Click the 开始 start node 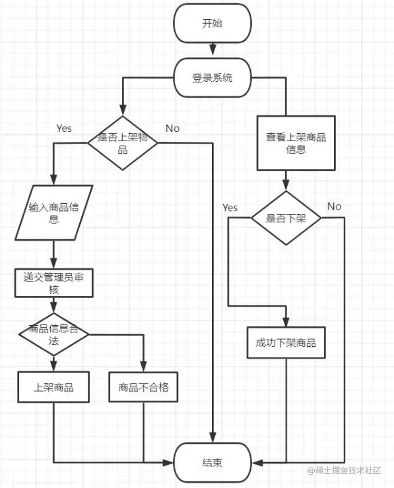tap(213, 24)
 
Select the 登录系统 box tap(213, 78)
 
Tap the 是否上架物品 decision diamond tap(123, 143)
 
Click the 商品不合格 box tap(144, 387)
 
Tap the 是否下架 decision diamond tap(286, 218)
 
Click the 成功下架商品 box tap(286, 344)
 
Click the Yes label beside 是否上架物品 tap(64, 128)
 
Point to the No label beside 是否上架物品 tap(172, 128)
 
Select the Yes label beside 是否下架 tap(230, 207)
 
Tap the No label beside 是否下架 tap(334, 206)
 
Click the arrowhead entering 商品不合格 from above tap(144, 367)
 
